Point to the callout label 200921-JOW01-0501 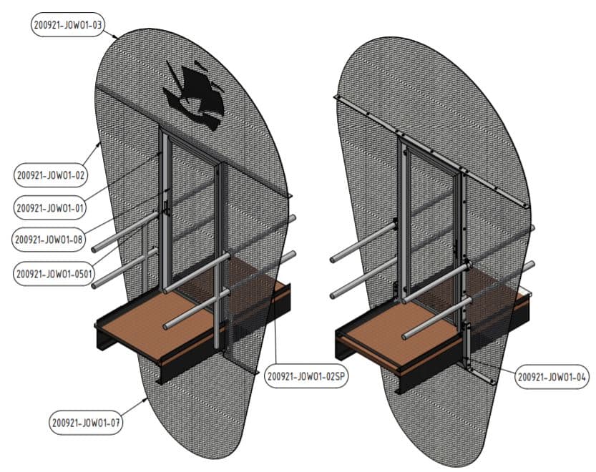point(53,273)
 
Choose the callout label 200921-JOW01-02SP point(306,376)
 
